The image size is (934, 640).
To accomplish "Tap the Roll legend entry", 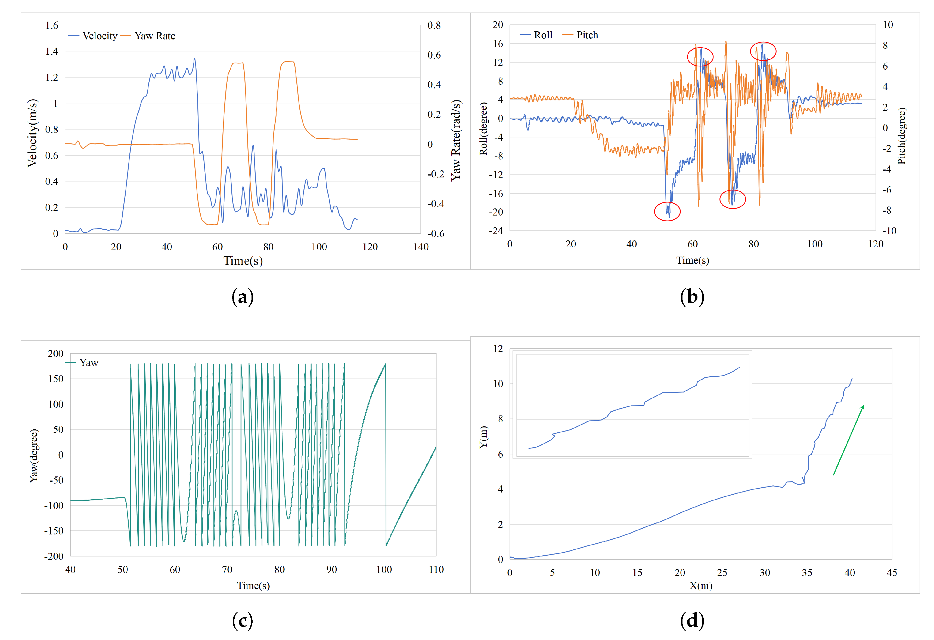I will (x=536, y=35).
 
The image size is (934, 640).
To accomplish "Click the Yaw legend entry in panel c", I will (x=82, y=362).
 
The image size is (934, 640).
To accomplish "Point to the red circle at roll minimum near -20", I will (x=667, y=211).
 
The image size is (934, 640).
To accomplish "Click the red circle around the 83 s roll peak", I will (x=763, y=51).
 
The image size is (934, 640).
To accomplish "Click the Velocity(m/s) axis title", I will (x=32, y=133).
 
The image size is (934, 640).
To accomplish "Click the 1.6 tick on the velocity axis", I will (x=51, y=25).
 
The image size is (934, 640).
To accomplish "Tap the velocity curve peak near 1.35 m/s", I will (x=194, y=59).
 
